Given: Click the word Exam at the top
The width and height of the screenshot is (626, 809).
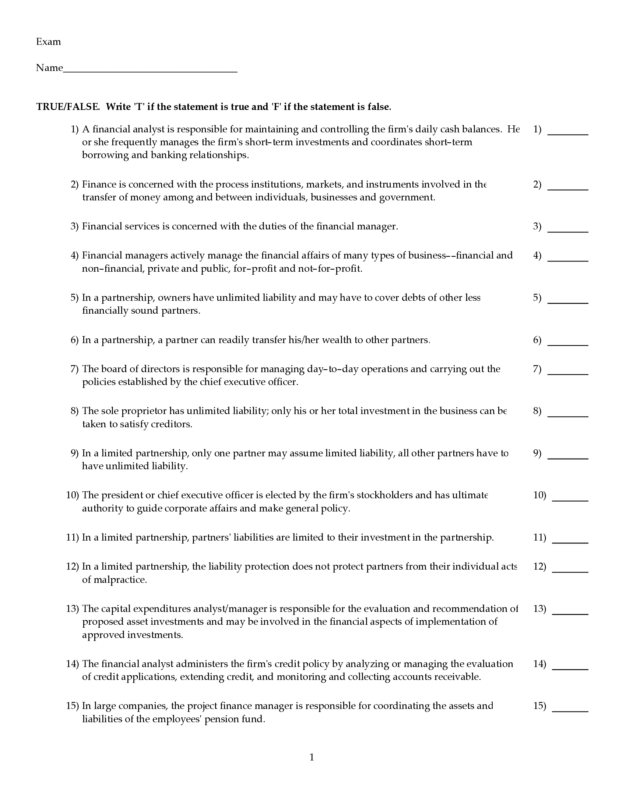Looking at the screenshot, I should pyautogui.click(x=48, y=42).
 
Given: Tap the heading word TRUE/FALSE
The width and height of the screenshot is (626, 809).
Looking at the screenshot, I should pyautogui.click(x=68, y=107).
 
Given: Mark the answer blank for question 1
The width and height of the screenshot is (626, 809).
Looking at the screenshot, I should pyautogui.click(x=567, y=133).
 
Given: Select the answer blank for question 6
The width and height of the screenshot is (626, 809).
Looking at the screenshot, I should pyautogui.click(x=567, y=343).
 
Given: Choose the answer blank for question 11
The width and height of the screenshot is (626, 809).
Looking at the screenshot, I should pyautogui.click(x=570, y=541).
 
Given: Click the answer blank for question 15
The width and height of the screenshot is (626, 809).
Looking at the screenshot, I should pyautogui.click(x=570, y=709).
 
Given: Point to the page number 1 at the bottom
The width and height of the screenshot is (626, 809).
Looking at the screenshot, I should pyautogui.click(x=312, y=757).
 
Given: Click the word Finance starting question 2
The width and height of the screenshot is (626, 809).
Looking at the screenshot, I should pyautogui.click(x=99, y=185).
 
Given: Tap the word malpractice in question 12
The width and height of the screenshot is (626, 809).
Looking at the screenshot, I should pyautogui.click(x=114, y=580).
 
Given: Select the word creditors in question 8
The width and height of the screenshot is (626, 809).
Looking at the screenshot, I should pyautogui.click(x=171, y=424).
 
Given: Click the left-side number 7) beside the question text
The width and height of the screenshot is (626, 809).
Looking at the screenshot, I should pyautogui.click(x=74, y=369).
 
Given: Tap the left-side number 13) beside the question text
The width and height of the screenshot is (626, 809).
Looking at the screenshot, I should pyautogui.click(x=72, y=609).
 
